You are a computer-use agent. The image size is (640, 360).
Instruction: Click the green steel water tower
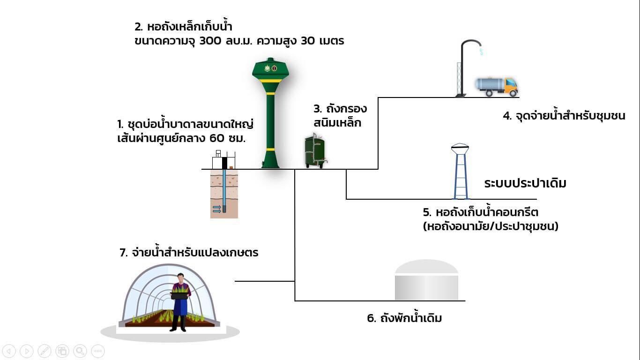pos(270,113)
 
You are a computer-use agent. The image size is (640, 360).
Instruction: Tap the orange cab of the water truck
pos(511,86)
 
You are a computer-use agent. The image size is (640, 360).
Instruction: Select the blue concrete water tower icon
pos(460,171)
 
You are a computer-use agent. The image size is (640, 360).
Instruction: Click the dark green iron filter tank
pos(315,151)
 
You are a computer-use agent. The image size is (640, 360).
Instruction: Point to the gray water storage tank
pos(426,280)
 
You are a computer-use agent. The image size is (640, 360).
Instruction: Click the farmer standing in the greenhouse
pos(180,302)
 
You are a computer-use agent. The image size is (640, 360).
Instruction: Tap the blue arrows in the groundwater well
pos(217,210)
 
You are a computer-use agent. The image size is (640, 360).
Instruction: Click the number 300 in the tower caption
pos(210,41)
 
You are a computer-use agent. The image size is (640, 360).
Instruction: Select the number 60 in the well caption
pos(217,138)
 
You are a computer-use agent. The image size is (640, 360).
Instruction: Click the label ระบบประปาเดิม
pos(525,183)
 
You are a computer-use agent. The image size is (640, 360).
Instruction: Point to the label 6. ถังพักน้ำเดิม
pos(404,318)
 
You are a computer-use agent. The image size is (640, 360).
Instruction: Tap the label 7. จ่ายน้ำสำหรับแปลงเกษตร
pos(189,253)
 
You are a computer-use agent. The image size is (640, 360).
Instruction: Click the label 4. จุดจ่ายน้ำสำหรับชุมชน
pos(564,116)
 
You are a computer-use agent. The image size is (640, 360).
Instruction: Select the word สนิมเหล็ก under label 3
pos(337,123)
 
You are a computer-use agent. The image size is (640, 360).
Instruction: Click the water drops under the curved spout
pos(481,51)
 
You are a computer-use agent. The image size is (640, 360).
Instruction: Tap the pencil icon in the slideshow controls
pos(45,351)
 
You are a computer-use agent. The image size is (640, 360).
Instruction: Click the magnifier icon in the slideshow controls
pos(80,351)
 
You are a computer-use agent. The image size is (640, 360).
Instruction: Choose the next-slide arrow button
pos(27,351)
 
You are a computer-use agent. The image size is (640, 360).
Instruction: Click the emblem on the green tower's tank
pos(271,68)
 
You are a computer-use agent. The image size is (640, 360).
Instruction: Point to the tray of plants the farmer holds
pos(179,293)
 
